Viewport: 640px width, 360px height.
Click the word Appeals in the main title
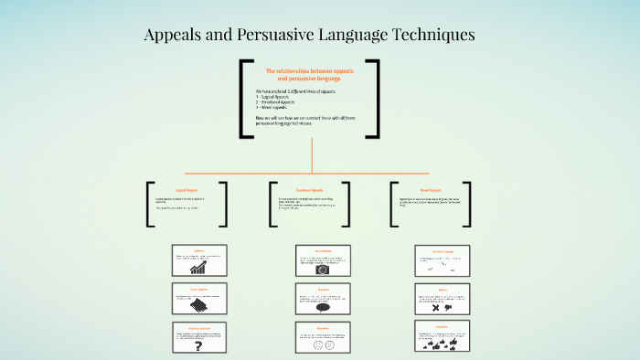pyautogui.click(x=176, y=36)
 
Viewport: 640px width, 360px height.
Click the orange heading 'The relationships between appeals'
pyautogui.click(x=309, y=70)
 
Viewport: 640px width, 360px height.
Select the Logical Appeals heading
pyautogui.click(x=187, y=189)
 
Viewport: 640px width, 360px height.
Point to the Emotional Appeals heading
pyautogui.click(x=311, y=189)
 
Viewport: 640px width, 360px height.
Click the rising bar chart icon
pyautogui.click(x=197, y=269)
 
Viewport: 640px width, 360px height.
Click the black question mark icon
pyautogui.click(x=198, y=344)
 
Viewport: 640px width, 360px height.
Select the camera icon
pyautogui.click(x=322, y=270)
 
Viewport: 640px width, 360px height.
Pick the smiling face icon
pyautogui.click(x=317, y=345)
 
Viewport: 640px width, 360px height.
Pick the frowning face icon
pyautogui.click(x=330, y=345)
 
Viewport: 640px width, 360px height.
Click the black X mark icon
pyautogui.click(x=436, y=309)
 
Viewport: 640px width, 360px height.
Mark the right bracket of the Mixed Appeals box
pyautogui.click(x=467, y=204)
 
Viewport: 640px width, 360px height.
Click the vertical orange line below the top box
pyautogui.click(x=312, y=155)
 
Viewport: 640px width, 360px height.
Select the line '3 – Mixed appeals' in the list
pyautogui.click(x=275, y=108)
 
